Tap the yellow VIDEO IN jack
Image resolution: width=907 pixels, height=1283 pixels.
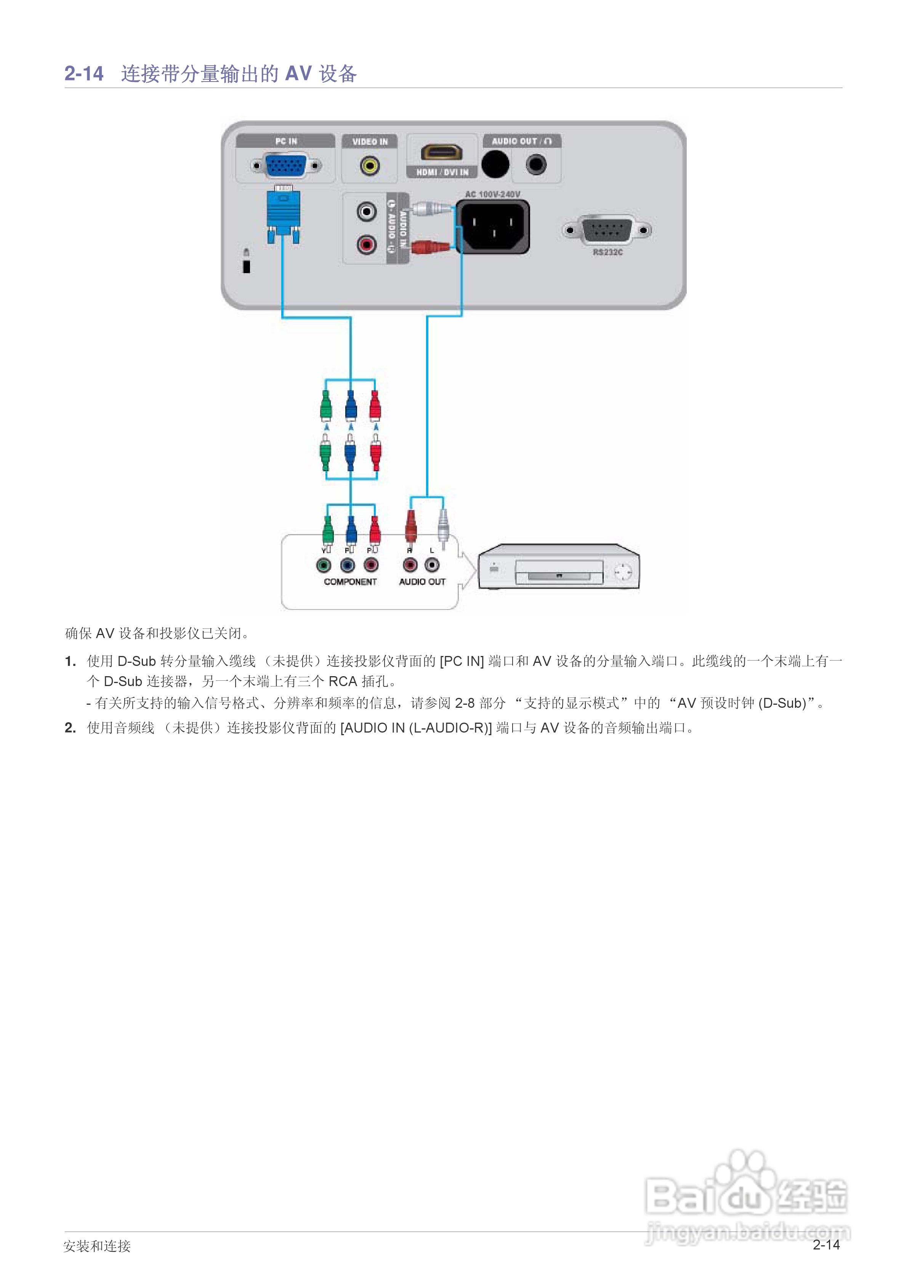pos(370,165)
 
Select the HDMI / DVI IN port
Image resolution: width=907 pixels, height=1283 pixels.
pos(442,152)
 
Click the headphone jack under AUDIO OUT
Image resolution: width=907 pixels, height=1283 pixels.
pos(536,165)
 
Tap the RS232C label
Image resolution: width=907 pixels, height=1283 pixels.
pos(607,253)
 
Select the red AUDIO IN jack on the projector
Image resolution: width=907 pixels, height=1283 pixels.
pos(366,244)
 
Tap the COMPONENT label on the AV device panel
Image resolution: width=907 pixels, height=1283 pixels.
pos(350,582)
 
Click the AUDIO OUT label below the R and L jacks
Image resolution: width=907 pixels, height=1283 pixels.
pos(422,582)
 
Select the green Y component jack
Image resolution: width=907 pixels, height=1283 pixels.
pos(323,566)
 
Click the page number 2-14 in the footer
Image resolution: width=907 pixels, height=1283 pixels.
pos(826,1245)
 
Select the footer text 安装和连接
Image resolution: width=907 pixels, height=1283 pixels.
pos(97,1246)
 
